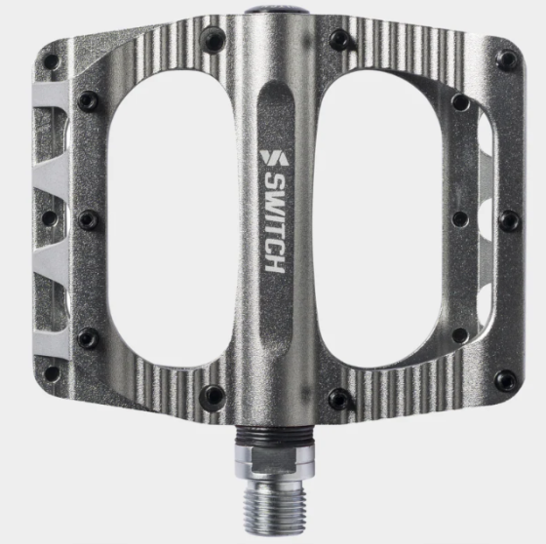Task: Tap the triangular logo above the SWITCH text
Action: pos(274,158)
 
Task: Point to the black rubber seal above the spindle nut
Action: pos(275,436)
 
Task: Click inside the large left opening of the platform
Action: pos(171,223)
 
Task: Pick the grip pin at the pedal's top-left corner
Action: pos(51,62)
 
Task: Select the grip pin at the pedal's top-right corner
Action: pos(507,58)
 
